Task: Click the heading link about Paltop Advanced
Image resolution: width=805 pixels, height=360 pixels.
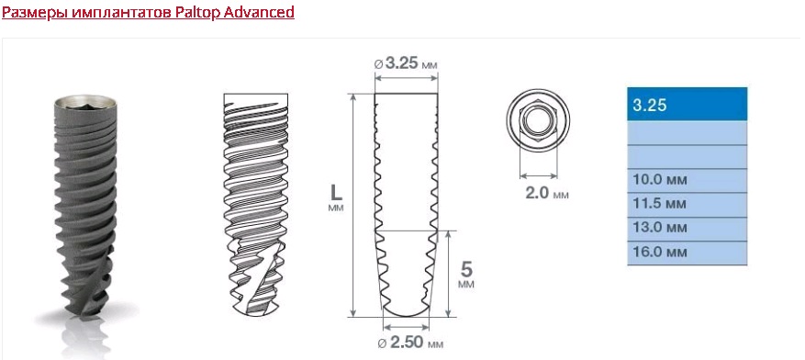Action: click(x=148, y=12)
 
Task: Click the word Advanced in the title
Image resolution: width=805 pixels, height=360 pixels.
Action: click(x=259, y=12)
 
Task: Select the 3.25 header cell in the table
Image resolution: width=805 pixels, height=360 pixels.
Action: click(x=687, y=105)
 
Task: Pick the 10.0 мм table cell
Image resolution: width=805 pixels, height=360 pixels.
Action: click(x=687, y=181)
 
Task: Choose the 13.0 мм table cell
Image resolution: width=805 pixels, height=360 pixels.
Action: click(x=687, y=229)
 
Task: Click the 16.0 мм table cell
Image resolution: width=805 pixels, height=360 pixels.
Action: click(x=687, y=253)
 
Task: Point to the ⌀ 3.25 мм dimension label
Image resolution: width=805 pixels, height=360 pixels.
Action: click(x=406, y=64)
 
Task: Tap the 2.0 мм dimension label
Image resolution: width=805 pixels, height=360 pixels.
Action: click(x=547, y=194)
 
